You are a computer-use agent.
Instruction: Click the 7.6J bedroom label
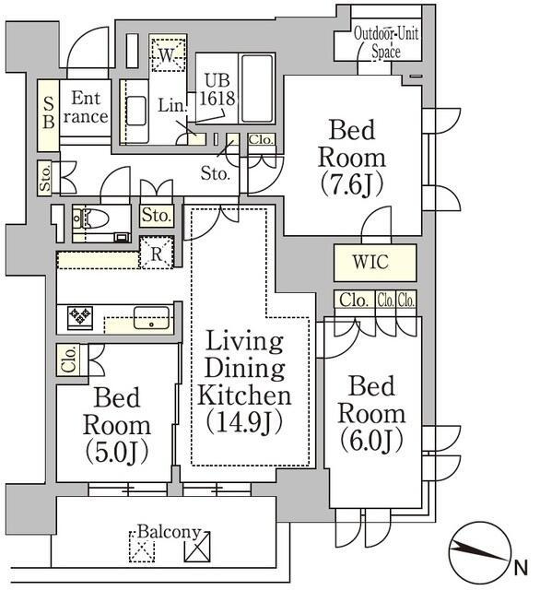(x=352, y=158)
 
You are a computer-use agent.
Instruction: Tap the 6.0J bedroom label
(x=371, y=413)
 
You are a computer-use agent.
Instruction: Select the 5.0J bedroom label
(x=117, y=425)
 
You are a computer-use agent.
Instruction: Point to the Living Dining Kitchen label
(x=244, y=382)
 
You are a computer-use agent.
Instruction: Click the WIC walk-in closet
(x=375, y=262)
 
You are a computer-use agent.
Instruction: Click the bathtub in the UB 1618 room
(x=257, y=88)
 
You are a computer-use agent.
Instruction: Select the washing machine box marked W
(x=168, y=53)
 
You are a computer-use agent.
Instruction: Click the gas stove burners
(x=80, y=317)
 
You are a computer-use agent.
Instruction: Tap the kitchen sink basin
(x=151, y=317)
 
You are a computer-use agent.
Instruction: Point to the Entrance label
(x=86, y=108)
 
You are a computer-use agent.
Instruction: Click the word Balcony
(x=169, y=532)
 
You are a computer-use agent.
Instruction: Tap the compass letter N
(x=521, y=568)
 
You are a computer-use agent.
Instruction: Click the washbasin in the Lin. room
(x=135, y=111)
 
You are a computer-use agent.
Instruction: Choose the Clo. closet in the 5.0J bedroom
(x=68, y=360)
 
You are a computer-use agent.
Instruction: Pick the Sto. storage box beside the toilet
(x=157, y=216)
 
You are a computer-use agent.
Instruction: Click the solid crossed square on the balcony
(x=197, y=547)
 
